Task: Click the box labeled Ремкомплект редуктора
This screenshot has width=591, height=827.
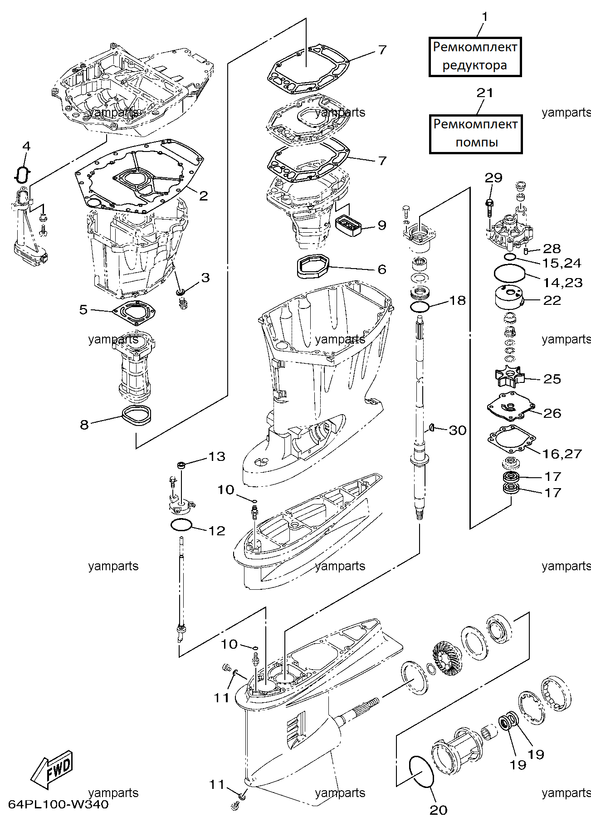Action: coord(475,57)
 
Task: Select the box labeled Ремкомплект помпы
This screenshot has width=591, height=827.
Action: coord(476,134)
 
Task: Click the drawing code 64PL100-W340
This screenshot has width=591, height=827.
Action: coord(59,804)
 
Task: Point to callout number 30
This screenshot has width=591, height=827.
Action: coord(458,430)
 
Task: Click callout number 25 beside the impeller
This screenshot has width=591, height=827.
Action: coord(552,379)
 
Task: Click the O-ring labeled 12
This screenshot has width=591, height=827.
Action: coord(181,525)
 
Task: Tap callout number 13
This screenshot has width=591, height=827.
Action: coord(216,456)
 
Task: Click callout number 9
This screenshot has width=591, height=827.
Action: coord(382,225)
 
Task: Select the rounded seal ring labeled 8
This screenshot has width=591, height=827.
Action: coord(136,416)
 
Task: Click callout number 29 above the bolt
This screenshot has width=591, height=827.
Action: coord(493,177)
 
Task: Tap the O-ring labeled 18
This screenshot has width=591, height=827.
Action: coord(420,307)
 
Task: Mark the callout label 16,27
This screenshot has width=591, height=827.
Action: coord(562,454)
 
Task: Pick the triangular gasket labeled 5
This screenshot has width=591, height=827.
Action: coord(134,313)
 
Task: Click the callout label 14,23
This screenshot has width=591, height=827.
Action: coord(562,283)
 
